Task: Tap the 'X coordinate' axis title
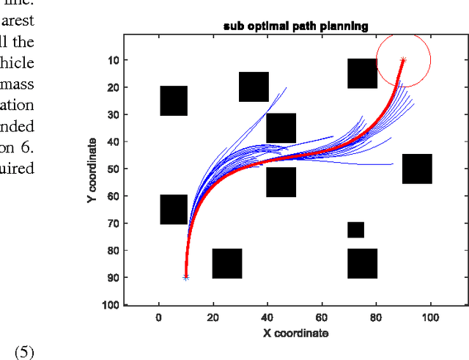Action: point(295,333)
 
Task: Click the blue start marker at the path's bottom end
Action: point(186,277)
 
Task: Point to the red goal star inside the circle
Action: point(403,59)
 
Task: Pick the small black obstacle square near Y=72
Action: point(355,229)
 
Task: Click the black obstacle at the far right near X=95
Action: point(417,169)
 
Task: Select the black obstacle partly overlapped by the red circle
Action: point(362,74)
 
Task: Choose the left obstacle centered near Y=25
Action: point(174,100)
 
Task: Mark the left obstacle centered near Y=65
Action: point(174,209)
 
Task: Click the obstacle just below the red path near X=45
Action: point(281,182)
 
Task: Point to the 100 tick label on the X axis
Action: point(430,318)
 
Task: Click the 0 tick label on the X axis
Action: point(159,318)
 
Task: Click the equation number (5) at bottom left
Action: point(23,352)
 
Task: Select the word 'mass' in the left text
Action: point(18,84)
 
